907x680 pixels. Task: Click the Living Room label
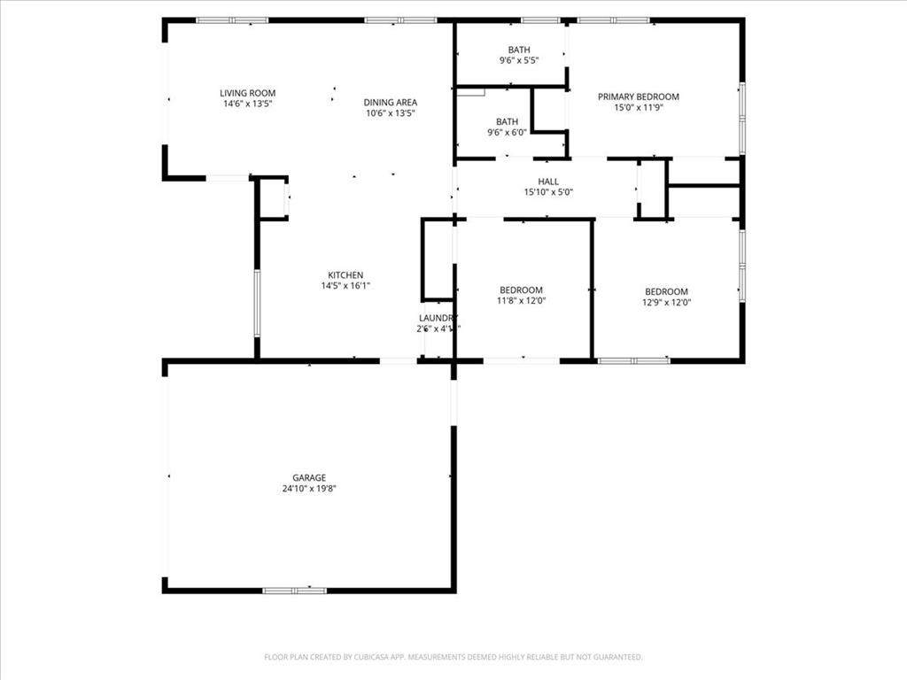(247, 93)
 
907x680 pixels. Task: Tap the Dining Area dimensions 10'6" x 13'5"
(390, 113)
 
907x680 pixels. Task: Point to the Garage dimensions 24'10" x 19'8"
(308, 489)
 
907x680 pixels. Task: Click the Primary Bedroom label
(638, 97)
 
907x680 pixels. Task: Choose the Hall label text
(548, 182)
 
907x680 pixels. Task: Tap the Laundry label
(438, 318)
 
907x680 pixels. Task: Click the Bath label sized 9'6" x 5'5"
(519, 50)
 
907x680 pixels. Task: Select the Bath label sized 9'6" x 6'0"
(507, 121)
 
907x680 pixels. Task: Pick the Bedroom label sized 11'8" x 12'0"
(521, 290)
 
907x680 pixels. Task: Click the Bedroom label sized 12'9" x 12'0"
(666, 292)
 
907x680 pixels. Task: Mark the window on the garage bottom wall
(294, 590)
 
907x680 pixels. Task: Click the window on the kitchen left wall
(257, 303)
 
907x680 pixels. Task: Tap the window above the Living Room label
(232, 19)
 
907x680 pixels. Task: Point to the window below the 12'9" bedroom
(634, 360)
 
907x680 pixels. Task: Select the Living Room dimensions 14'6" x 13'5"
(247, 104)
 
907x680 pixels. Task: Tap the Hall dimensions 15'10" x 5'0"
(548, 192)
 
